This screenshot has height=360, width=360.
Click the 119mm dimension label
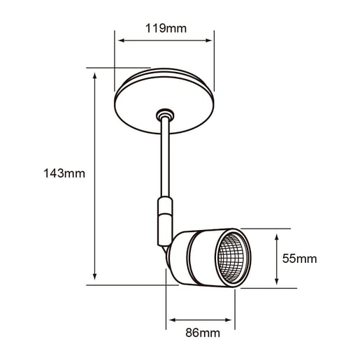point(166,29)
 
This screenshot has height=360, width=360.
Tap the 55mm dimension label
point(299,259)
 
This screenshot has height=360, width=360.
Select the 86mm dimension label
point(200,333)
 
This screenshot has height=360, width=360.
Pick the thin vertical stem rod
point(165,161)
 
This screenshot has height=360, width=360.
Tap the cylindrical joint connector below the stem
point(164,218)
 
